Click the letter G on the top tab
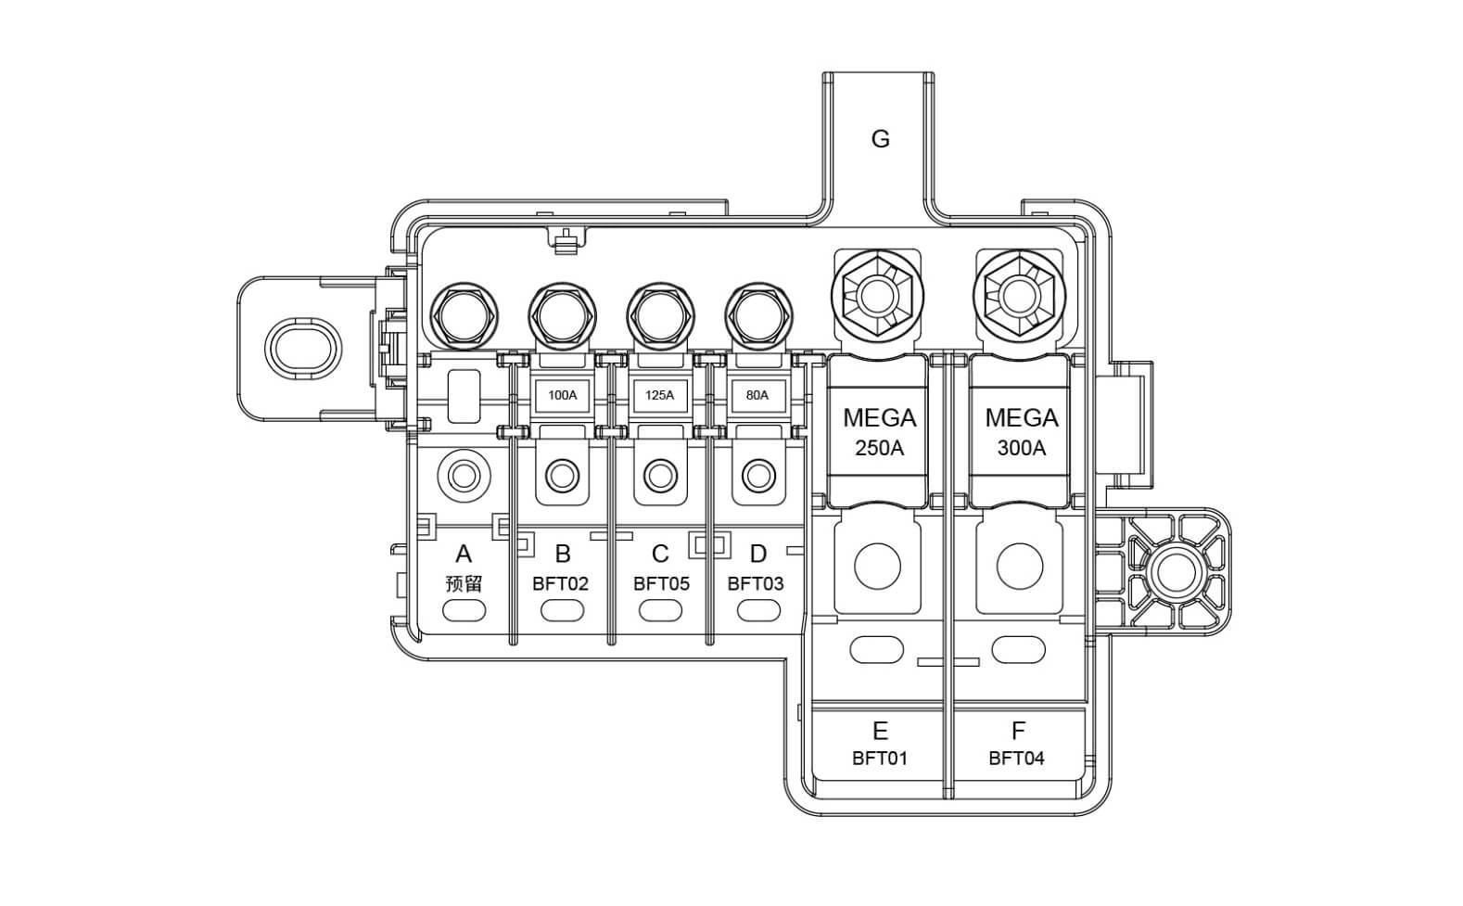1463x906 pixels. [880, 139]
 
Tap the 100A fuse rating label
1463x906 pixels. [562, 395]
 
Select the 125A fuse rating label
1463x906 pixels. [659, 395]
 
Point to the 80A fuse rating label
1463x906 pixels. [757, 395]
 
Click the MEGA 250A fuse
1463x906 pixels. [879, 432]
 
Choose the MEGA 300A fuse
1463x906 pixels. [1021, 432]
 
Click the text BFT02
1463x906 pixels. [560, 584]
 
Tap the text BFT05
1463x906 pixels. [661, 584]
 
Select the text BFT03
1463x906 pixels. [756, 584]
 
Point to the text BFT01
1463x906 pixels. [880, 759]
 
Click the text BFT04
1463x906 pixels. [1016, 759]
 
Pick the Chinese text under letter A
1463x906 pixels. [464, 584]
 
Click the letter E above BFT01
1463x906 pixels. [880, 731]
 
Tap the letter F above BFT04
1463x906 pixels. [1018, 731]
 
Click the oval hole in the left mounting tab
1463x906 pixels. [302, 349]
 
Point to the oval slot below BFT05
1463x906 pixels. [660, 611]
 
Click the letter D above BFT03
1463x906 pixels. [757, 555]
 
